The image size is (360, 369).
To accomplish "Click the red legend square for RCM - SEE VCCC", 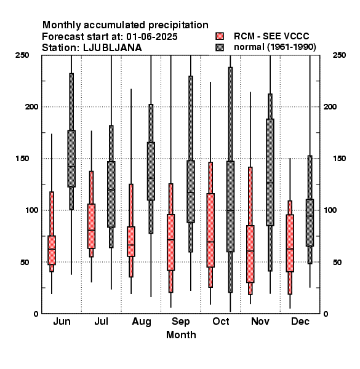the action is click(x=220, y=36).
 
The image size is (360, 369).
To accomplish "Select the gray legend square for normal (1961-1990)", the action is click(x=220, y=47).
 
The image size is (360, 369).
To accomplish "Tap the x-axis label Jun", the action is click(x=62, y=322).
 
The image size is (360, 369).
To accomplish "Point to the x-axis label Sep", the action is click(x=180, y=322).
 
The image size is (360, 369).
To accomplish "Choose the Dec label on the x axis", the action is click(x=300, y=322).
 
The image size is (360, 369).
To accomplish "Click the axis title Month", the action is click(x=181, y=335).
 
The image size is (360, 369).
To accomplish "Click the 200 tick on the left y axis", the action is click(x=31, y=107).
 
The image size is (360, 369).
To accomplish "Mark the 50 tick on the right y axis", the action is click(x=337, y=262).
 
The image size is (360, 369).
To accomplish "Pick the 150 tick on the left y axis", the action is click(x=22, y=159).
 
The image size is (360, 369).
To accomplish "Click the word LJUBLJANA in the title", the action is click(x=113, y=48).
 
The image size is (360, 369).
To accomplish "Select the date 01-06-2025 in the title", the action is click(x=152, y=37).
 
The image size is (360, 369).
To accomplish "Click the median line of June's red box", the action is click(x=52, y=249).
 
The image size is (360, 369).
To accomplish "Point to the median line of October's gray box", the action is click(x=230, y=210).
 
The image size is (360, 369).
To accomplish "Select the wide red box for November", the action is click(x=250, y=254).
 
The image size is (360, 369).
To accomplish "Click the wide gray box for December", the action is click(x=310, y=223).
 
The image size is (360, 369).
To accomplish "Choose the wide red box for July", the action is click(x=91, y=226).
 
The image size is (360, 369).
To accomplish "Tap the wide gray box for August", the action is click(x=151, y=171).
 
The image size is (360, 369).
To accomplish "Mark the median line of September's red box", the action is click(x=170, y=240).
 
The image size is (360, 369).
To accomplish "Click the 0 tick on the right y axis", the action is click(x=326, y=314).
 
